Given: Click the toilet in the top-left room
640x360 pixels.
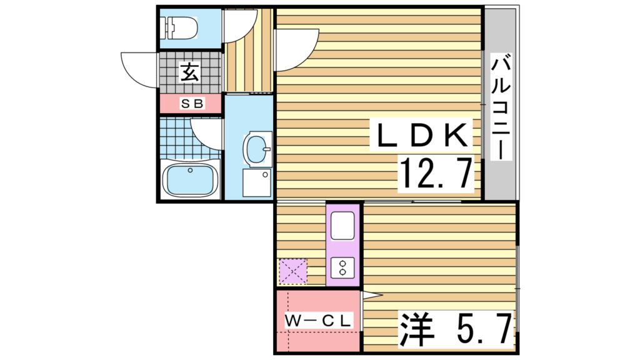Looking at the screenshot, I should pyautogui.click(x=181, y=27).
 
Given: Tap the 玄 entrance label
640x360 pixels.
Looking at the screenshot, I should pyautogui.click(x=190, y=72).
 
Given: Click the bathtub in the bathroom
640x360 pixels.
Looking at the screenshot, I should pyautogui.click(x=190, y=180).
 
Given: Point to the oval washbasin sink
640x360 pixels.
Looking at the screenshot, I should pyautogui.click(x=257, y=149).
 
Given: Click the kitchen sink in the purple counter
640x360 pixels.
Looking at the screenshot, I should pyautogui.click(x=343, y=226).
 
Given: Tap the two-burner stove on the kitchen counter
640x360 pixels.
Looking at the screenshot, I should pyautogui.click(x=343, y=268).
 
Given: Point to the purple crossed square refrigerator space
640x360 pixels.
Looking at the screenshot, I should pyautogui.click(x=293, y=272).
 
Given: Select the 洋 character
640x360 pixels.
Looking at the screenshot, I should pyautogui.click(x=415, y=329).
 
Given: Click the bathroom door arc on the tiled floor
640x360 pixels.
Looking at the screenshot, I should pyautogui.click(x=206, y=132).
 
